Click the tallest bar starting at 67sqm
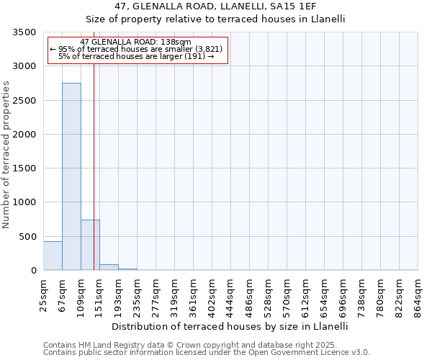[x=71, y=176]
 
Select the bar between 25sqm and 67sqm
[x=53, y=256]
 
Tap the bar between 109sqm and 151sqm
[x=90, y=245]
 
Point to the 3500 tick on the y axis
[x=26, y=32]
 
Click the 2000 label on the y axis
[x=26, y=135]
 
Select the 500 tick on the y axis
[x=29, y=237]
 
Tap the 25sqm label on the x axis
[x=43, y=294]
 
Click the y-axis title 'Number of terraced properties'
[x=6, y=155]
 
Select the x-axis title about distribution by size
[x=230, y=326]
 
